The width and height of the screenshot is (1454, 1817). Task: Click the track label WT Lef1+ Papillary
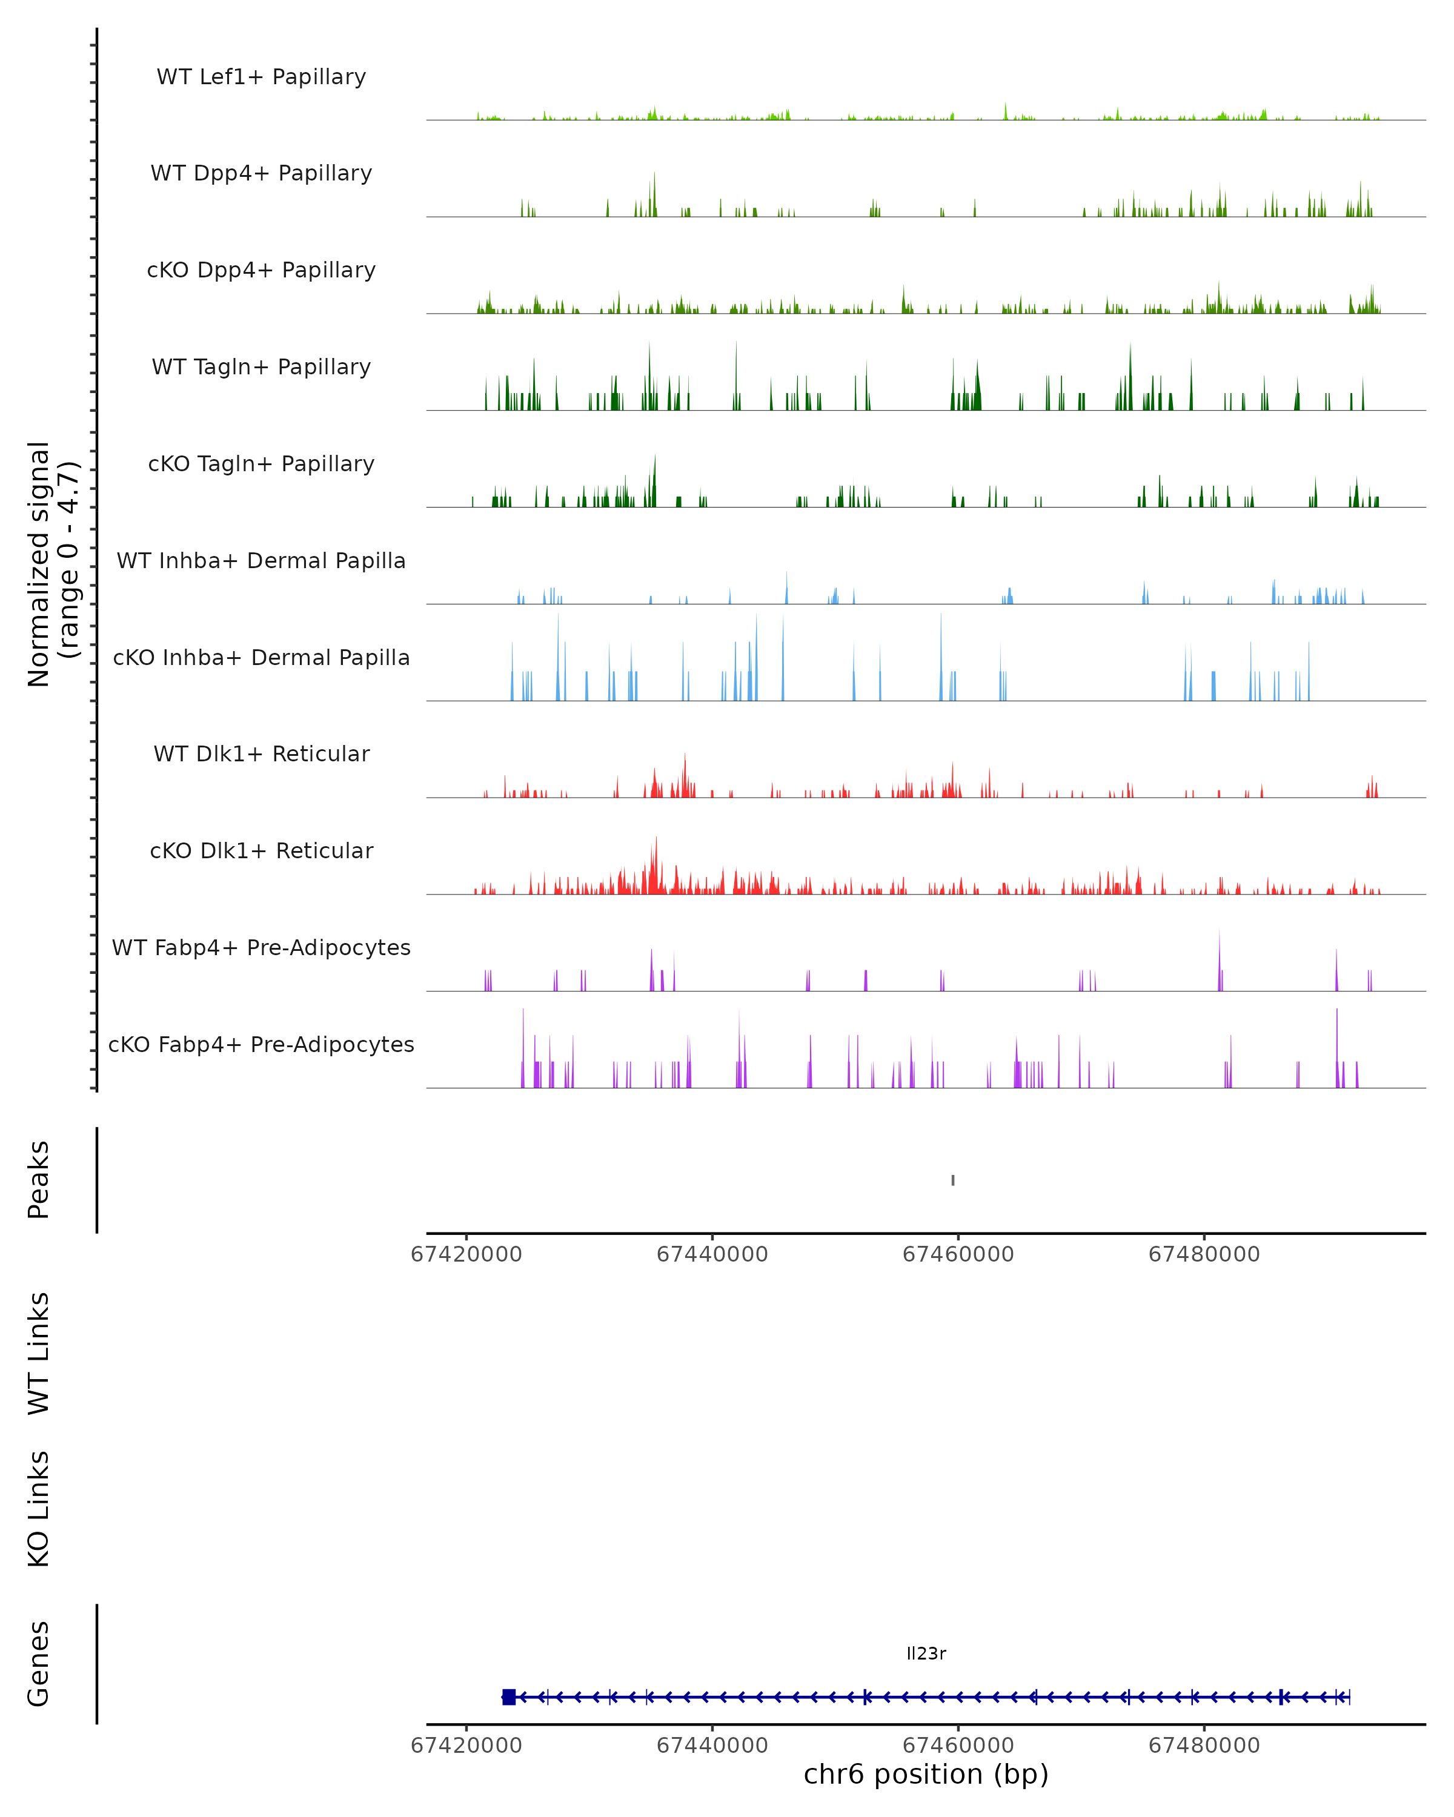tap(261, 77)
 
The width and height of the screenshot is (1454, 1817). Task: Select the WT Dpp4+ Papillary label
tap(261, 174)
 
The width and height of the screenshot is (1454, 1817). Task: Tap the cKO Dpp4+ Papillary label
tap(261, 271)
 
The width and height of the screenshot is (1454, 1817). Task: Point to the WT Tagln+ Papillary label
tap(261, 368)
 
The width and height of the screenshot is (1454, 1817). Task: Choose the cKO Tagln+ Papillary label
tap(261, 465)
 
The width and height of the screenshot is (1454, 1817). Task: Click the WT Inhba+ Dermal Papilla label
tap(261, 561)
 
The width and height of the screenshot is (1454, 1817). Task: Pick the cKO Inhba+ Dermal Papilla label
tap(261, 658)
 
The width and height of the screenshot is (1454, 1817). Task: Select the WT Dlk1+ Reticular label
tap(261, 754)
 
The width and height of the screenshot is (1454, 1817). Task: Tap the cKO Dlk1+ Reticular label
tap(261, 851)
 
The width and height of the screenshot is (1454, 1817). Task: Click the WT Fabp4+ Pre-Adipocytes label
tap(261, 948)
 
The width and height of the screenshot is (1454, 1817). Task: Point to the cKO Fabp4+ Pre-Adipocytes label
tap(261, 1045)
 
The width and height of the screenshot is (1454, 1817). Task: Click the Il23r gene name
tap(926, 1653)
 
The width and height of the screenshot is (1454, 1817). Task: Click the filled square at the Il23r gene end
tap(508, 1697)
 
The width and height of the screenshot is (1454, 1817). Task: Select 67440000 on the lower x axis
tap(712, 1746)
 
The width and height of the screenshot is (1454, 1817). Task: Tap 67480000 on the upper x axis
tap(1204, 1254)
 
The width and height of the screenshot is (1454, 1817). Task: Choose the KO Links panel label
tap(39, 1509)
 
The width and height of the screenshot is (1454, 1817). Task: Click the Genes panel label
tap(39, 1664)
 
